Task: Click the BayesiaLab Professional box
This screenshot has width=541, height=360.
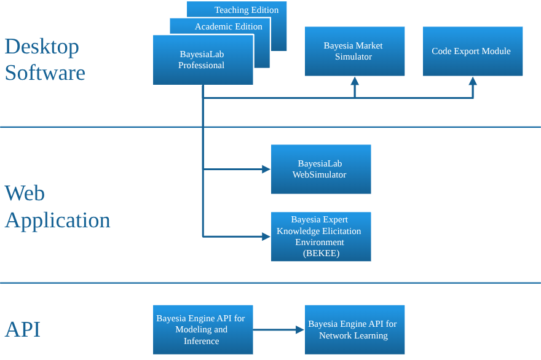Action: [x=202, y=60]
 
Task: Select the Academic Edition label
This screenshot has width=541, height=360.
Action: [x=228, y=26]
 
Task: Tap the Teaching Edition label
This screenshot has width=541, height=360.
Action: [x=247, y=10]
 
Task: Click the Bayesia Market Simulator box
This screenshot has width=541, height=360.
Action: [x=354, y=51]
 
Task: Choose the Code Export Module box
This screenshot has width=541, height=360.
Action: [x=472, y=51]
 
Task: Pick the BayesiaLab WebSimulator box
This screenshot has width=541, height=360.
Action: [x=320, y=169]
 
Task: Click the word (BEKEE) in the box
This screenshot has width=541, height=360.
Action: [x=321, y=253]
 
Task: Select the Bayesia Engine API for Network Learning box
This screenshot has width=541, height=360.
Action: [x=354, y=330]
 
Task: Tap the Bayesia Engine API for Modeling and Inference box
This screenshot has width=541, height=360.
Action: [x=202, y=330]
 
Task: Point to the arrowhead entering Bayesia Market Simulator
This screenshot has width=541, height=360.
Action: [x=355, y=81]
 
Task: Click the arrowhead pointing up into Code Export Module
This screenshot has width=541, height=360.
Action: [x=473, y=81]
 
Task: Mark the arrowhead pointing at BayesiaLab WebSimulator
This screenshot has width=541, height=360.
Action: [x=266, y=169]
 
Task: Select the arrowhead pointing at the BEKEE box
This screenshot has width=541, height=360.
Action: [x=266, y=236]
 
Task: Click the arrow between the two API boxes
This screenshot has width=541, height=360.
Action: [x=278, y=330]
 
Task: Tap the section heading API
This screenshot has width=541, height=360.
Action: [x=23, y=329]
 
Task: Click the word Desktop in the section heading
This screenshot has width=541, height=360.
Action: [x=42, y=47]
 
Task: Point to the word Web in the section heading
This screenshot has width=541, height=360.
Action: [x=25, y=193]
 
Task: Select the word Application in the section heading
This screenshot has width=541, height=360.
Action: [x=57, y=220]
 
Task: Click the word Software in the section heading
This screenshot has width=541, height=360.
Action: [x=45, y=72]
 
